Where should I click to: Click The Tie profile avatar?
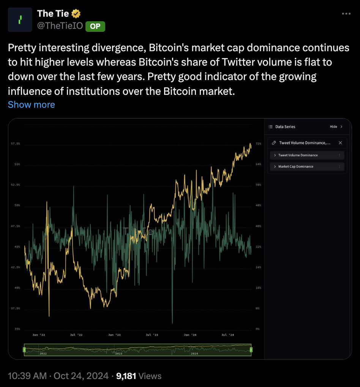[20, 20]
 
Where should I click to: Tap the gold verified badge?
[76, 14]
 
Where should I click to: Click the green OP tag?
[95, 26]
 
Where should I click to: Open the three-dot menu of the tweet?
[346, 14]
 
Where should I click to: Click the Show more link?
[32, 105]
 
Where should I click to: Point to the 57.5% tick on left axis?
[16, 144]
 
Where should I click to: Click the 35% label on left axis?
[17, 329]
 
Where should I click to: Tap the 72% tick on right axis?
[259, 144]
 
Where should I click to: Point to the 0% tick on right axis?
[258, 329]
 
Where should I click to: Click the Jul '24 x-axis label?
[227, 335]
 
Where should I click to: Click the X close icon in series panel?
[340, 143]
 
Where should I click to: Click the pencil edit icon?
[274, 143]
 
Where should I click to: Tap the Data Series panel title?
[285, 127]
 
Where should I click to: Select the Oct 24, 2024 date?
[81, 376]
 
